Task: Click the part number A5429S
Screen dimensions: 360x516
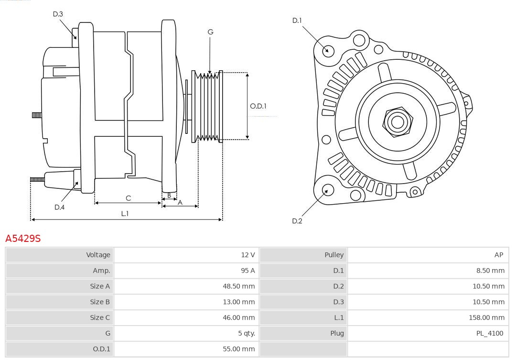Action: [23, 238]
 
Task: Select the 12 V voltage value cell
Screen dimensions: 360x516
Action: [247, 255]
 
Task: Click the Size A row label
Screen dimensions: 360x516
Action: [100, 286]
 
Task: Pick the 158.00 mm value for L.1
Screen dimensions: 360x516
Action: [486, 317]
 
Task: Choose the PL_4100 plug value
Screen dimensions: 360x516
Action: [490, 333]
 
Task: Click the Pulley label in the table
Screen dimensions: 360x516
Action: [334, 255]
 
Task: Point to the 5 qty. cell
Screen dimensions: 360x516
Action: [246, 333]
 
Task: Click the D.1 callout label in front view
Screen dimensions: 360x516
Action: [297, 21]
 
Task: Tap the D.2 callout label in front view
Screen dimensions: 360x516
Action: [297, 221]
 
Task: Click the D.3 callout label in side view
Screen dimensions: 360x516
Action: [58, 14]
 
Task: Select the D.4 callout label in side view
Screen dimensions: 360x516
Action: [59, 207]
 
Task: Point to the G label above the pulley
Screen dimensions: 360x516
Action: [210, 32]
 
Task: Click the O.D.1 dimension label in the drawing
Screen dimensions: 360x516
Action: [258, 106]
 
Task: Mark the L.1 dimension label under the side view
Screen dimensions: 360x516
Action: [125, 214]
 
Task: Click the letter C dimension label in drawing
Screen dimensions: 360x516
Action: [128, 198]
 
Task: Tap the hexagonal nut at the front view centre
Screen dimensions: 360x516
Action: [397, 122]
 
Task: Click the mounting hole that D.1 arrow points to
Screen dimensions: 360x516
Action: [328, 50]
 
